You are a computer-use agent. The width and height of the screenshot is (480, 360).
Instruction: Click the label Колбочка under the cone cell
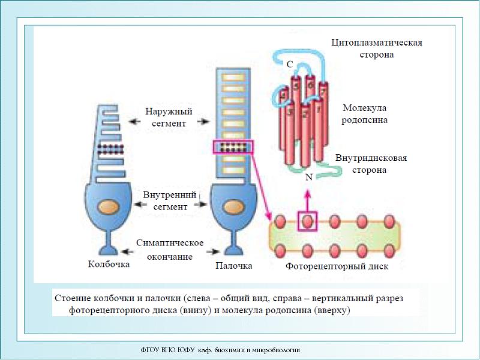107,263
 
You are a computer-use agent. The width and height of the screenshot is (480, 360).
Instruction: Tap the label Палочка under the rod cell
234,265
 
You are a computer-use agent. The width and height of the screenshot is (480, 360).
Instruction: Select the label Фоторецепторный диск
337,266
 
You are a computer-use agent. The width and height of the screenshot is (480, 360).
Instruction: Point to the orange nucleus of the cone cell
108,205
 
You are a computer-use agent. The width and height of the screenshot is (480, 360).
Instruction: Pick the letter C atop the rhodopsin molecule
289,64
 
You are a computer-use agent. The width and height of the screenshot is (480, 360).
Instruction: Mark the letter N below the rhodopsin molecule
308,178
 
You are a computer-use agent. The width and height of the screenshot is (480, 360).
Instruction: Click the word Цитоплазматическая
377,43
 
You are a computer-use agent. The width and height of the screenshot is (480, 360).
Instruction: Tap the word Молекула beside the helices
364,108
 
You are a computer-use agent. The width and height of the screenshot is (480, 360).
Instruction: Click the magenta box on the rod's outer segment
233,148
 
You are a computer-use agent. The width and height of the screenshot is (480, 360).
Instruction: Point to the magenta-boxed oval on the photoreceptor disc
307,221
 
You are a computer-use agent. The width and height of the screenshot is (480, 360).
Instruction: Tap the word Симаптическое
170,243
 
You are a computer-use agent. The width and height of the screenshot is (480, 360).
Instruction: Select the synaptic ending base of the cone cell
108,247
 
